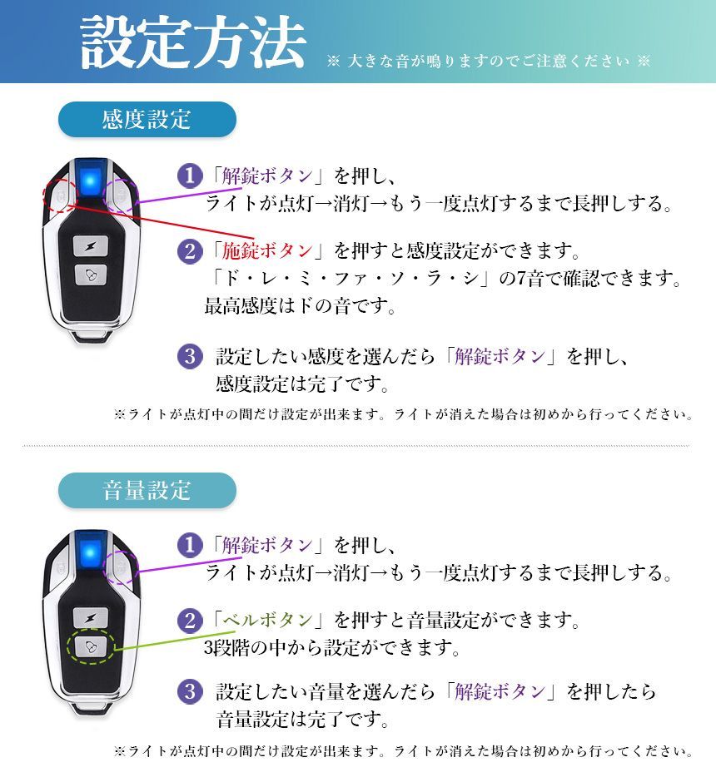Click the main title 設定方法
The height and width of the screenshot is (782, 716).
(192, 43)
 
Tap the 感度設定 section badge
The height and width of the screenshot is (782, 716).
(147, 119)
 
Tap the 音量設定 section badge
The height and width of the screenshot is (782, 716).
(147, 490)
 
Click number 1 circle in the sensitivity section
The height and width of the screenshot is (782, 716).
(191, 176)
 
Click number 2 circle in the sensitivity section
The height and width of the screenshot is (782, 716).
(191, 250)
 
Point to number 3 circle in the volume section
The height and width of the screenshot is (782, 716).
(191, 691)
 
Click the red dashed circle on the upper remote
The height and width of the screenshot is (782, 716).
(59, 197)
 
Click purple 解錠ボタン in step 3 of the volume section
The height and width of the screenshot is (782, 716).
(500, 691)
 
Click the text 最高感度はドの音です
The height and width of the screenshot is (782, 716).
(299, 306)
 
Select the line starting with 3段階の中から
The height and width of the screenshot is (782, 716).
(332, 646)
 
